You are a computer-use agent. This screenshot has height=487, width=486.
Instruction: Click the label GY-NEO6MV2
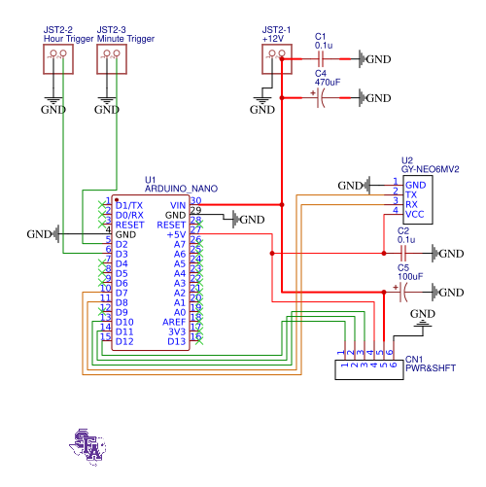coord(430,168)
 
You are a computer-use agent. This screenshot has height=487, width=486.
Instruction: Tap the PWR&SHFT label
coord(430,368)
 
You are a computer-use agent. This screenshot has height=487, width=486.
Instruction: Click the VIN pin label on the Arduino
coord(177,205)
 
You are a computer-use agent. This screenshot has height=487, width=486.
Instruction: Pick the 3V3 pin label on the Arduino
coord(176,331)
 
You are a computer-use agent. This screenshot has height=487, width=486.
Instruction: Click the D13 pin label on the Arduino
coord(176,341)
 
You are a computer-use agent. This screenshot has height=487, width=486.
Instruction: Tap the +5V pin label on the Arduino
coord(175,234)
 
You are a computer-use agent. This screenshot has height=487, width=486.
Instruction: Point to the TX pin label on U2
coord(411,194)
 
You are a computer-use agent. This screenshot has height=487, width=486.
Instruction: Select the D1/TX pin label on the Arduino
coord(128,205)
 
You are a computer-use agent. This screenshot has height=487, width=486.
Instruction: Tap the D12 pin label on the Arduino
coord(124,341)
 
